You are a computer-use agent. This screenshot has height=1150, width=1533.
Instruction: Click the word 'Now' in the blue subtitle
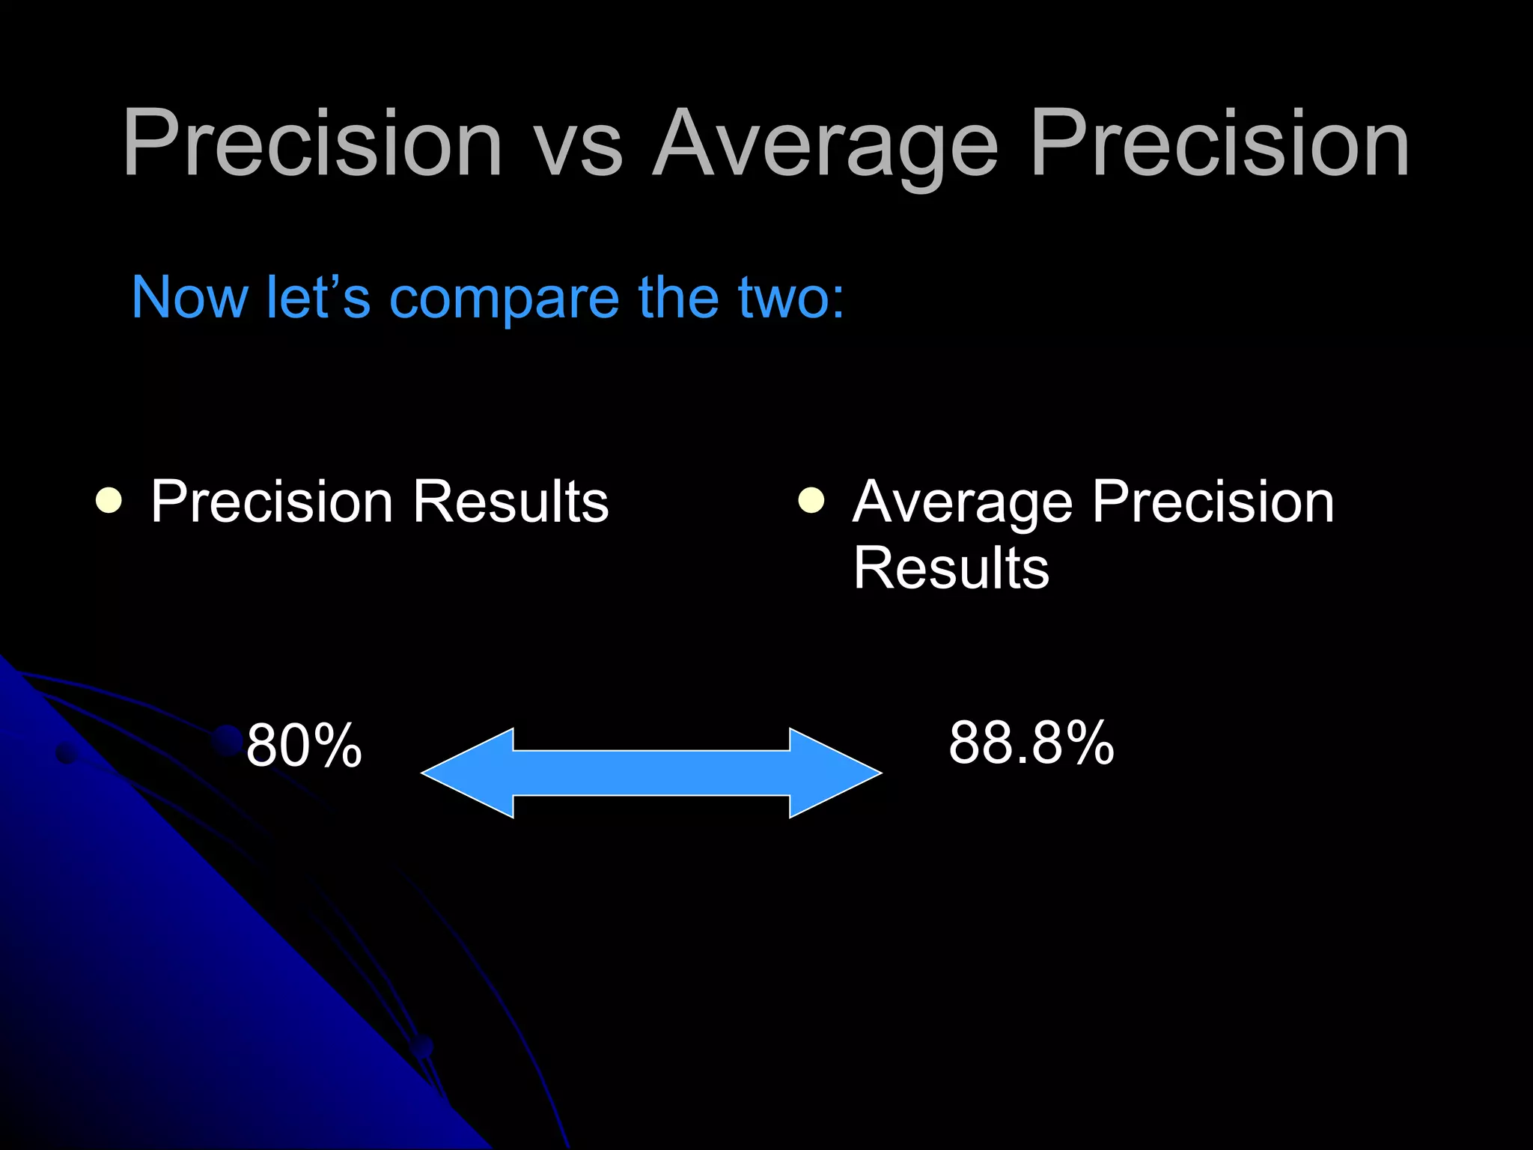tap(189, 298)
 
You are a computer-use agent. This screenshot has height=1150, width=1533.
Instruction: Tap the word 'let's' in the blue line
tap(318, 298)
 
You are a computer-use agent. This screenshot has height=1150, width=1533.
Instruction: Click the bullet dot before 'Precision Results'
tap(109, 500)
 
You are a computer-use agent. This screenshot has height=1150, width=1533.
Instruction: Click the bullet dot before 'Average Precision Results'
tap(811, 500)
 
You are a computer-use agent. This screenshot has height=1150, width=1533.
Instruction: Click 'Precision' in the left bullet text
tap(272, 502)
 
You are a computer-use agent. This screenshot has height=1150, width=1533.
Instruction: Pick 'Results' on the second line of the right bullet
tap(951, 568)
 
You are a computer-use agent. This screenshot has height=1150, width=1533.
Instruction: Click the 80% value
tap(304, 746)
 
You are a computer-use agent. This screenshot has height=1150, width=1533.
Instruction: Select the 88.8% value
tap(1031, 743)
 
